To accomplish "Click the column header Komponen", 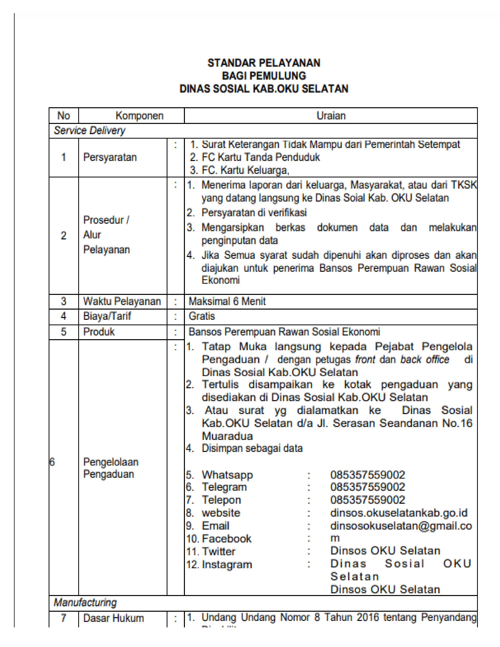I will pyautogui.click(x=139, y=115).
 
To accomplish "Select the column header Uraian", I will pyautogui.click(x=331, y=115).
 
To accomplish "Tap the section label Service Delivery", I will pyautogui.click(x=89, y=131).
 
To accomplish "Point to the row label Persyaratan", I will pyautogui.click(x=110, y=157).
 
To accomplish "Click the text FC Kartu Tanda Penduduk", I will pyautogui.click(x=261, y=157).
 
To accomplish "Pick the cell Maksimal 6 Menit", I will pyautogui.click(x=227, y=301).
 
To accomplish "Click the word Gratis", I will pyautogui.click(x=202, y=316).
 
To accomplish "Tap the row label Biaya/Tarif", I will pyautogui.click(x=107, y=316).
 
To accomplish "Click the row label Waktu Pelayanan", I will pyautogui.click(x=122, y=301).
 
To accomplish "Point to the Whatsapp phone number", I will pyautogui.click(x=367, y=475).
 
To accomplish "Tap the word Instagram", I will pyautogui.click(x=227, y=564).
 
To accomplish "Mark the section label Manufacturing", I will pyautogui.click(x=85, y=602).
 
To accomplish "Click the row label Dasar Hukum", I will pyautogui.click(x=114, y=618).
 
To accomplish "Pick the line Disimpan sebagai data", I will pyautogui.click(x=252, y=448).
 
